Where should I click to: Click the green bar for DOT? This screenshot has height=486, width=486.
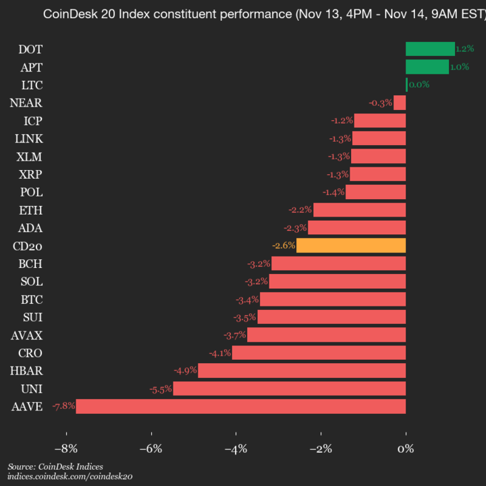pos(430,49)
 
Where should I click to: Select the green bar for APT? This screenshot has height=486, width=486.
pos(427,67)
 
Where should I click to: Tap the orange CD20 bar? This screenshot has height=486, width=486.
pos(351,245)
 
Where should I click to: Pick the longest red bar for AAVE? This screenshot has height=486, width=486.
pos(241,406)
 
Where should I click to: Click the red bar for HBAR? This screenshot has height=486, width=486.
pos(302,371)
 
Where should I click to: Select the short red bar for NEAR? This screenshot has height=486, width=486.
pos(400,103)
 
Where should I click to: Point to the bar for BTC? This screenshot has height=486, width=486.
pos(333,299)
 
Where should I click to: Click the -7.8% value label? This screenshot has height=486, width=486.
pos(63,406)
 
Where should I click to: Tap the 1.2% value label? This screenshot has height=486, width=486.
pos(464,49)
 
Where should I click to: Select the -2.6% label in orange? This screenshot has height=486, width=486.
pos(283,245)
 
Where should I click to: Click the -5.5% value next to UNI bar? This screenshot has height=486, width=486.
pos(161,389)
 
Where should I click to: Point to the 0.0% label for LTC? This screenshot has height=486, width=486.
pos(418,84)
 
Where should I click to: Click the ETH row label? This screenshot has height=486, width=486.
pos(31,210)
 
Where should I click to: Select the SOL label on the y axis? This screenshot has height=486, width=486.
pos(31,281)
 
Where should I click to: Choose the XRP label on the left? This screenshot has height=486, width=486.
pos(30,174)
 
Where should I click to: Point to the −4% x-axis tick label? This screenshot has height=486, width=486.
pos(235,448)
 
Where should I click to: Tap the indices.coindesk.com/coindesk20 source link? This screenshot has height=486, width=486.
pos(70,476)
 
